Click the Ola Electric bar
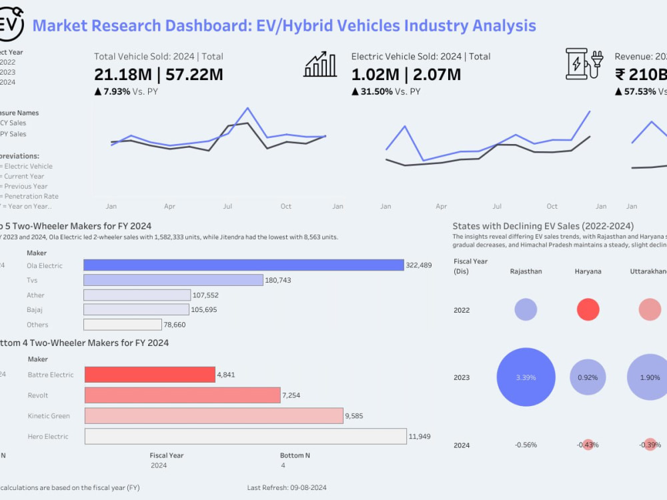pyautogui.click(x=243, y=265)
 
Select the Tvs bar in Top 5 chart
pyautogui.click(x=173, y=280)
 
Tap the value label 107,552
pyautogui.click(x=205, y=295)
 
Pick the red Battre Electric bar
pyautogui.click(x=149, y=375)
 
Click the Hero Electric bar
pyautogui.click(x=245, y=437)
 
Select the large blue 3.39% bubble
pyautogui.click(x=526, y=377)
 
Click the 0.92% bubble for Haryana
pyautogui.click(x=588, y=377)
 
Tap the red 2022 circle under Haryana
pyautogui.click(x=588, y=310)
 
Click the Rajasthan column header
pyautogui.click(x=526, y=271)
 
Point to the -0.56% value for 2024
pyautogui.click(x=526, y=445)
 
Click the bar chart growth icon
pyautogui.click(x=320, y=64)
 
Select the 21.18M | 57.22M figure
pyautogui.click(x=158, y=75)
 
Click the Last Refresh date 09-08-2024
pyautogui.click(x=308, y=488)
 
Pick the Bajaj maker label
pyautogui.click(x=35, y=310)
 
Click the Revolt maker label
pyautogui.click(x=38, y=395)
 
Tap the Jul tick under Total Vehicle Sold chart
pyautogui.click(x=227, y=207)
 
